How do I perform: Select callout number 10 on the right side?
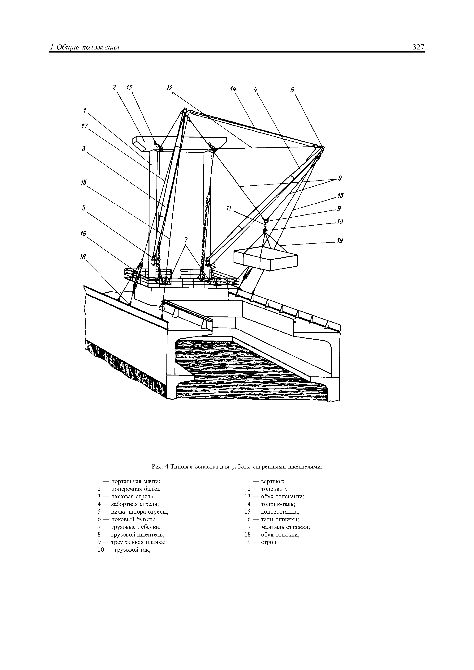(x=340, y=222)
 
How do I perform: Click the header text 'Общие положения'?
(x=88, y=47)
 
